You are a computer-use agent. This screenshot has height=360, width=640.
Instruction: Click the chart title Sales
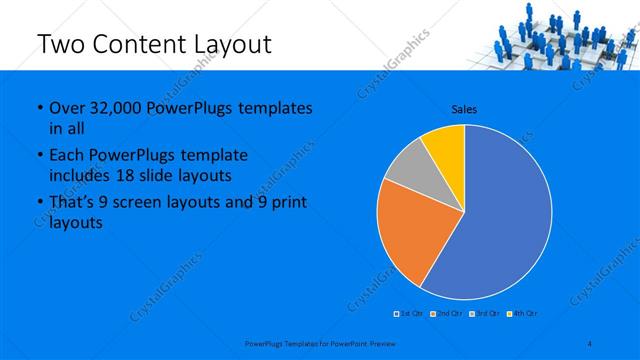click(x=464, y=108)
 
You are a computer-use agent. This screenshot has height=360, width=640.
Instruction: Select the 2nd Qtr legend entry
click(x=445, y=314)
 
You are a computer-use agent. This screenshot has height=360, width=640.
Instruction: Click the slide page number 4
click(x=589, y=343)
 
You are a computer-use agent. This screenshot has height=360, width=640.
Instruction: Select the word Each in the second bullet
click(x=67, y=156)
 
